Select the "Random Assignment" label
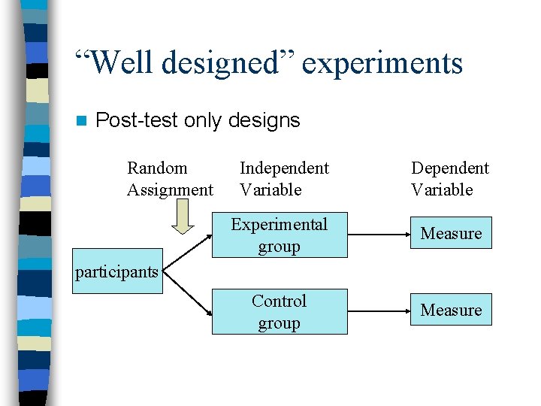pyautogui.click(x=170, y=179)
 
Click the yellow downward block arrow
pyautogui.click(x=180, y=220)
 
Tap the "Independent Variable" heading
pyautogui.click(x=283, y=179)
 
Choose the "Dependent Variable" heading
pyautogui.click(x=449, y=179)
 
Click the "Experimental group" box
pyautogui.click(x=280, y=235)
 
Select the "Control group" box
pyautogui.click(x=280, y=312)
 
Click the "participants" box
pyautogui.click(x=117, y=271)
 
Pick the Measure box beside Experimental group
pyautogui.click(x=451, y=234)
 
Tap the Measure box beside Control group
pyautogui.click(x=451, y=310)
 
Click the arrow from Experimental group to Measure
pyautogui.click(x=378, y=235)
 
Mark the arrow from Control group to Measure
pyautogui.click(x=378, y=311)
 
